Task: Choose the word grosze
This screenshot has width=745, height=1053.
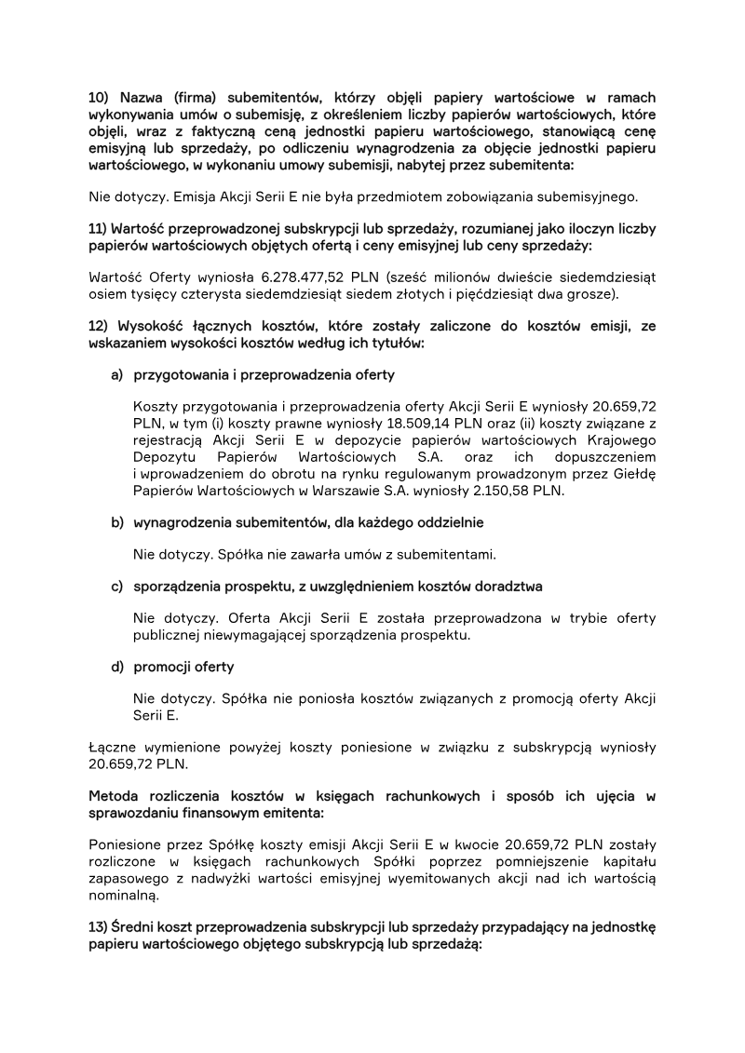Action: [x=593, y=293]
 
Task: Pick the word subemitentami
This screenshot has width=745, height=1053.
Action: [x=443, y=555]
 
